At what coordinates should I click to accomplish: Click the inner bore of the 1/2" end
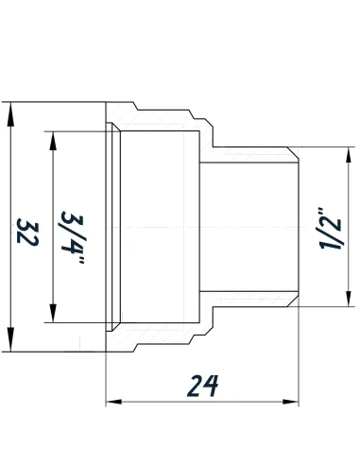pyautogui.click(x=250, y=227)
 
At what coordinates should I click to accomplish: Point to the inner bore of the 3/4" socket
pyautogui.click(x=161, y=227)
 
